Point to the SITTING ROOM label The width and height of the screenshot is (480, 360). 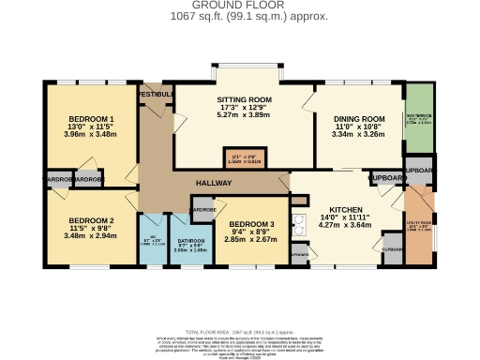244,99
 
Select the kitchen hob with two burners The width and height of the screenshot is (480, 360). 301,225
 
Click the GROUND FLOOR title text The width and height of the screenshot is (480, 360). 239,5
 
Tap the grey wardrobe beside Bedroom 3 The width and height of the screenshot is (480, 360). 202,211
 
